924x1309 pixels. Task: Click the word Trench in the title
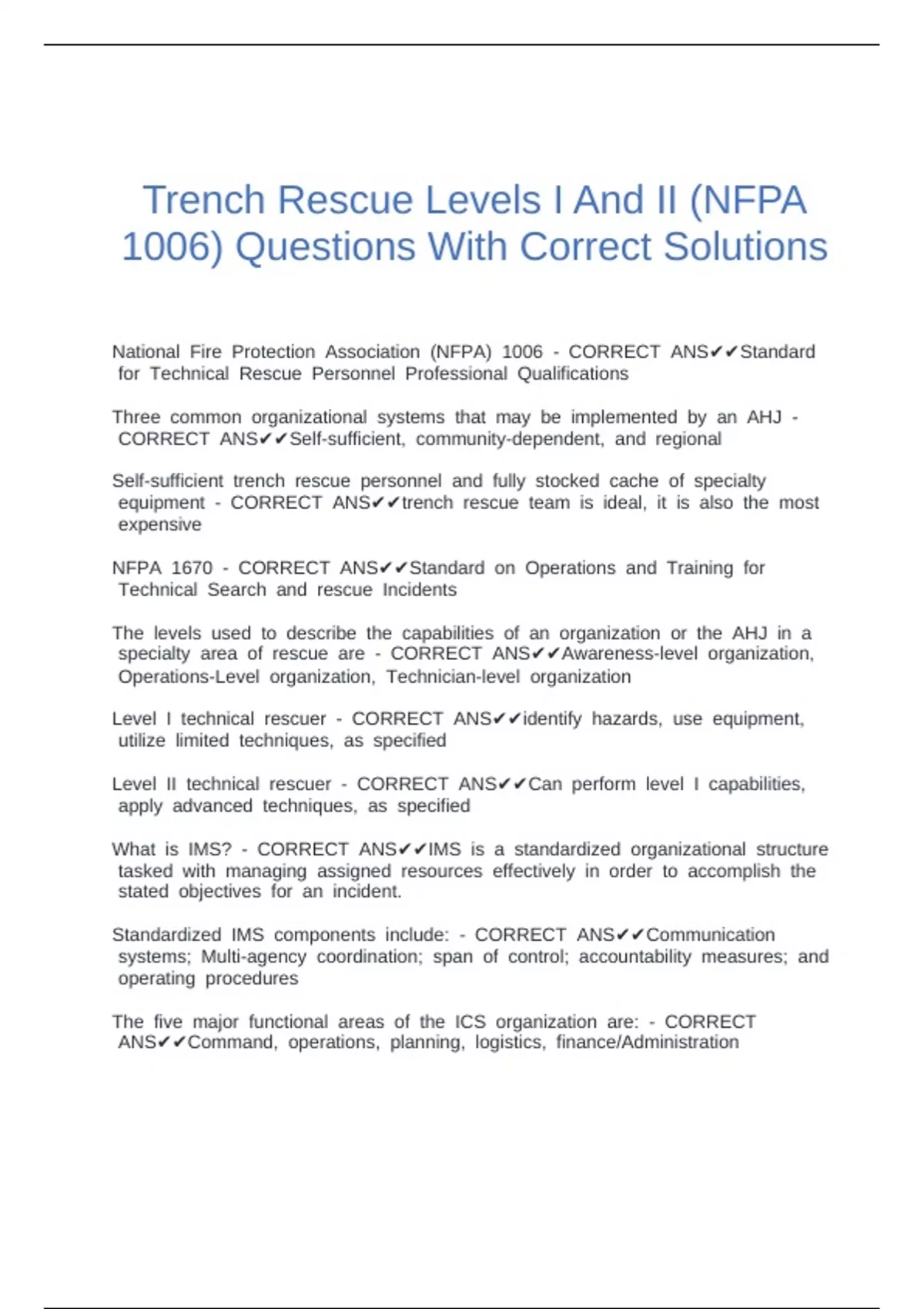pos(204,200)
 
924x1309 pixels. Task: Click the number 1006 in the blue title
pos(172,247)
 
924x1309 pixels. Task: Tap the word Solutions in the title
pos(745,247)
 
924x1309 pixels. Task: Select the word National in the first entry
pos(146,352)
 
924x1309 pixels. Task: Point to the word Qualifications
pos(573,374)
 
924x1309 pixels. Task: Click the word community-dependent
pos(510,439)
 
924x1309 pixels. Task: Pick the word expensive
pos(159,524)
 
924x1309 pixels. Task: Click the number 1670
pos(192,568)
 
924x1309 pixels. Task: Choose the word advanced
pos(213,806)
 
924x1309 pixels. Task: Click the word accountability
pos(635,956)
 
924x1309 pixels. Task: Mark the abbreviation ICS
pos(470,1022)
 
